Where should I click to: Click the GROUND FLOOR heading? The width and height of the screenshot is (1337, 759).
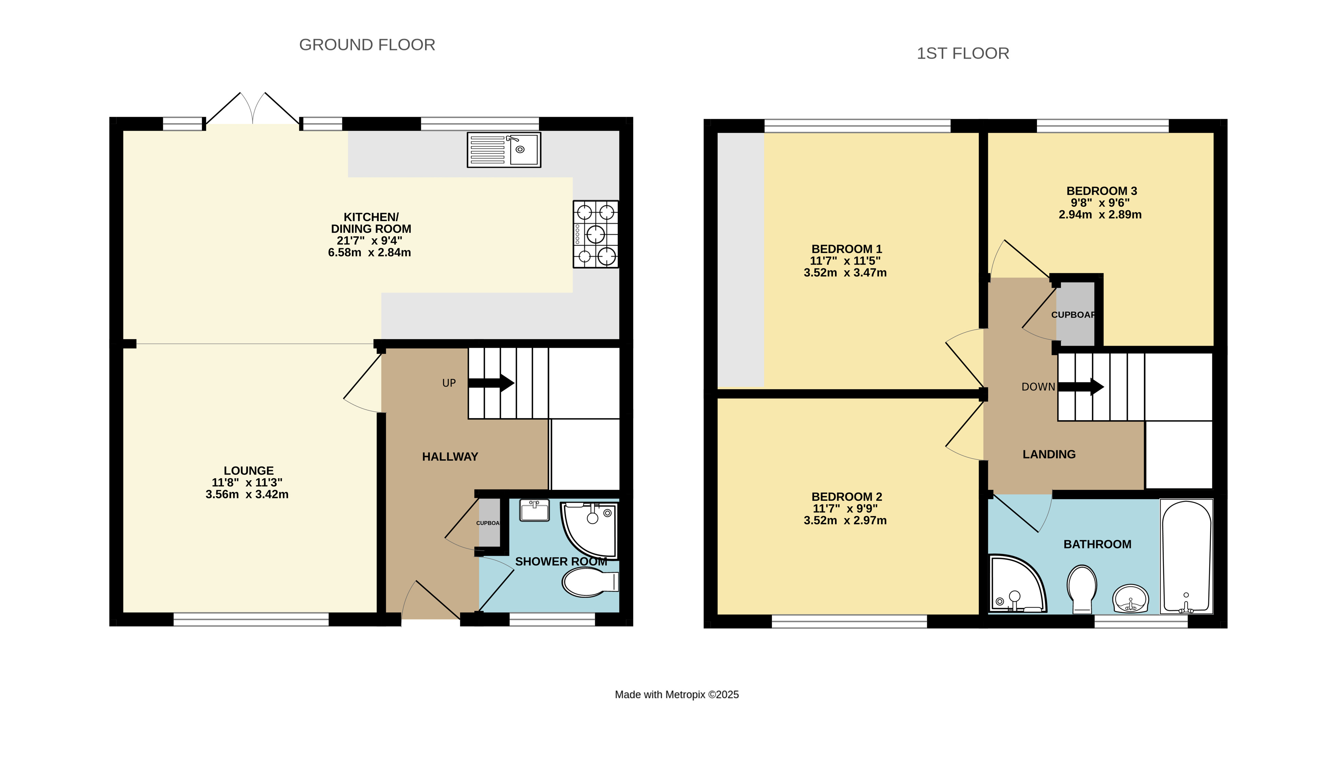tap(367, 45)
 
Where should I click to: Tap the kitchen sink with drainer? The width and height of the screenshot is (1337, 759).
tap(504, 150)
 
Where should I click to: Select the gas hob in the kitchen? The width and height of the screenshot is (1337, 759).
tap(596, 234)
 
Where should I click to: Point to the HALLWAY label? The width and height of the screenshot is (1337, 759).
tap(450, 457)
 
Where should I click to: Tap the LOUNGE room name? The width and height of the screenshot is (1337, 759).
tap(249, 471)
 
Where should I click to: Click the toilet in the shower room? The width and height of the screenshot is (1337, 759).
tap(589, 582)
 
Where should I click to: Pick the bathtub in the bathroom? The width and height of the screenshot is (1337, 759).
tap(1186, 556)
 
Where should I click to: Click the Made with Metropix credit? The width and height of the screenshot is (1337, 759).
tap(677, 694)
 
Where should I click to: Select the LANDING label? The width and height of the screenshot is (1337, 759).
tap(1049, 455)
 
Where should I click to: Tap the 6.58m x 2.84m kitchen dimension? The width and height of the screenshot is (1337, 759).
tap(369, 252)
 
